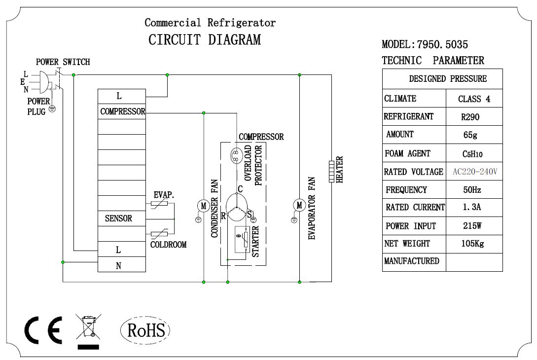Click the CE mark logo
click(x=43, y=330)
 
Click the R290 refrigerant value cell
click(x=474, y=117)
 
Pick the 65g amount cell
click(x=474, y=135)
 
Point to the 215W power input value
click(x=474, y=226)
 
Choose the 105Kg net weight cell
click(x=474, y=244)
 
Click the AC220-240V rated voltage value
click(x=474, y=172)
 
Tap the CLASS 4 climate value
click(x=474, y=99)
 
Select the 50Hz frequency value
click(x=474, y=190)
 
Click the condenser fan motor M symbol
click(x=203, y=205)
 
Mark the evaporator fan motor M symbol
click(x=299, y=205)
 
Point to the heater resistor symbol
click(x=331, y=171)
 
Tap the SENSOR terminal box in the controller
click(x=122, y=218)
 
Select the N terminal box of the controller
click(x=122, y=265)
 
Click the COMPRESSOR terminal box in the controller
click(x=122, y=111)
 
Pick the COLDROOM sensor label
click(x=168, y=245)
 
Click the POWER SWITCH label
click(x=63, y=62)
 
